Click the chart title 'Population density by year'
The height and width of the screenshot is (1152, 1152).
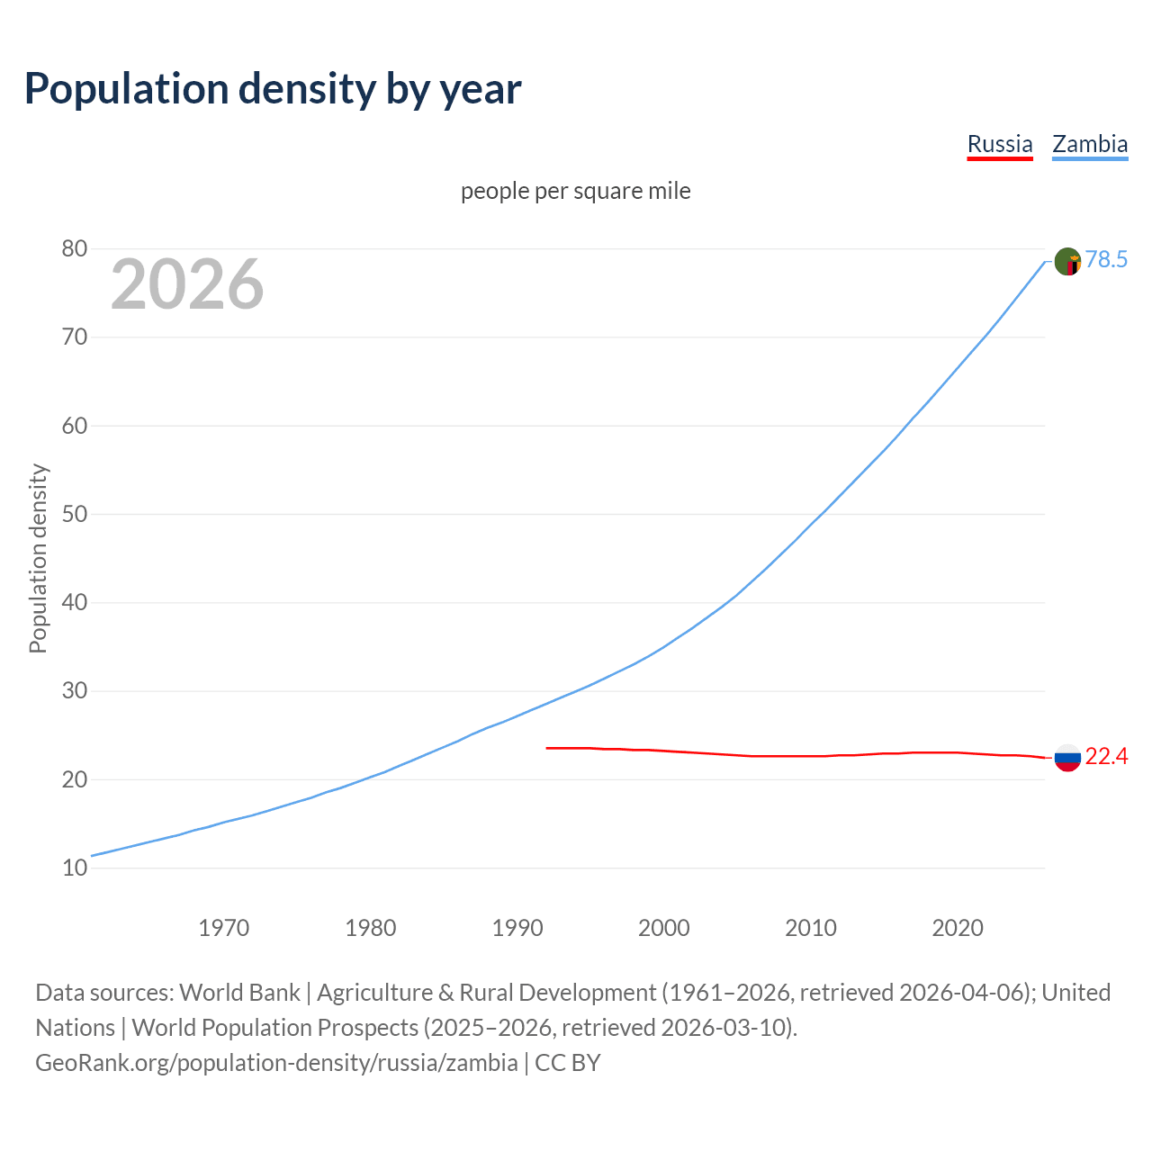(273, 89)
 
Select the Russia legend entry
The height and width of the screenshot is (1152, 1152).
(999, 144)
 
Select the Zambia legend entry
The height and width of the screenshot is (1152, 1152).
(1090, 144)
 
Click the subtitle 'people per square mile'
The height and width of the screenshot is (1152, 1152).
(575, 192)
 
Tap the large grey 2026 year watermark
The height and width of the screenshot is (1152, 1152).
(187, 284)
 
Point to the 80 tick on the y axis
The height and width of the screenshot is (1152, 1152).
(74, 249)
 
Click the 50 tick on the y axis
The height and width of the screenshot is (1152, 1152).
(74, 515)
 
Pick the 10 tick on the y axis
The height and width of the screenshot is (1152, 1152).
(74, 868)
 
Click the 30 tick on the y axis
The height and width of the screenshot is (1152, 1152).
(74, 691)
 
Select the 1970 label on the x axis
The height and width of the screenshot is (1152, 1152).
(223, 928)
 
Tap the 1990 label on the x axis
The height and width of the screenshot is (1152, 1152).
(517, 928)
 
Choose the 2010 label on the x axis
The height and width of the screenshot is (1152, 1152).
(811, 928)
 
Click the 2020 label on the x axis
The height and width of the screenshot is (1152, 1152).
(958, 928)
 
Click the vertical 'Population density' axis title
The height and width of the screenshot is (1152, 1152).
(38, 558)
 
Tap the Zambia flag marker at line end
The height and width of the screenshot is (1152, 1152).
(1067, 262)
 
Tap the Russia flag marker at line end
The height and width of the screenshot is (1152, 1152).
(1067, 758)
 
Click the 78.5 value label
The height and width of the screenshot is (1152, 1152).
(1106, 260)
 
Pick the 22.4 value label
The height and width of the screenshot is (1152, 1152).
(1106, 757)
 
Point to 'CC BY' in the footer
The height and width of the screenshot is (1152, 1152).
(567, 1063)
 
